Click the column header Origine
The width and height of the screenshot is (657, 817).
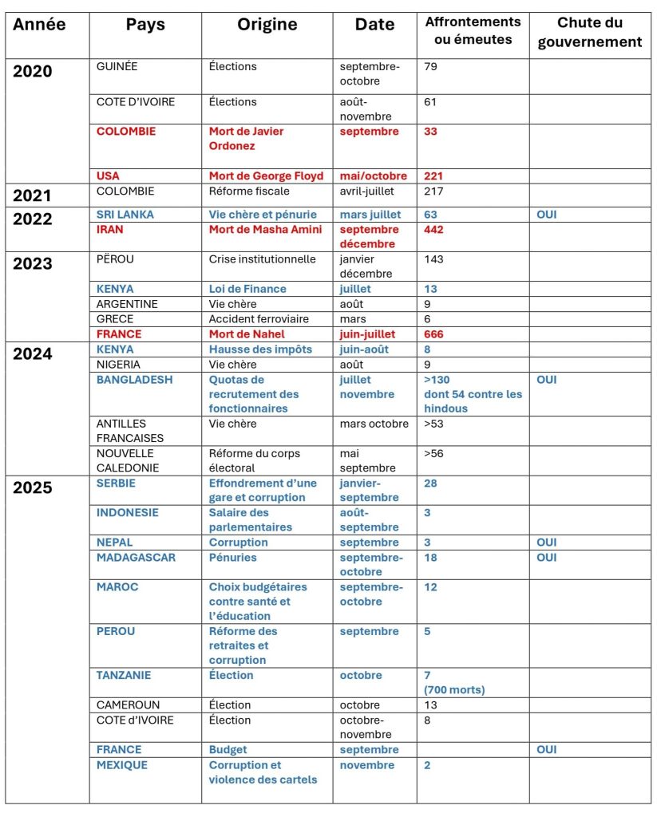[x=267, y=26]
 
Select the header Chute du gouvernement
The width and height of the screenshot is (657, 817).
[x=590, y=33]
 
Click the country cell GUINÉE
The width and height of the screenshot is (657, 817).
[x=117, y=67]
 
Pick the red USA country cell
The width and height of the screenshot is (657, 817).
[x=109, y=176]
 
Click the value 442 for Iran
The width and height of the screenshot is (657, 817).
[x=433, y=230]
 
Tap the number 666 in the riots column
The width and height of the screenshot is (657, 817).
[x=433, y=334]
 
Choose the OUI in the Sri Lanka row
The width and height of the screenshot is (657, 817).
[x=547, y=215]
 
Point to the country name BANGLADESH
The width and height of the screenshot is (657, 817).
[x=134, y=380]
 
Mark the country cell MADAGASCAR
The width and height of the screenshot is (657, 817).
[x=136, y=558]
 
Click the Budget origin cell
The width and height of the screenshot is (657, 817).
[x=228, y=750]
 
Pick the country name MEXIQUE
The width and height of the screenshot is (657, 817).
[x=122, y=765]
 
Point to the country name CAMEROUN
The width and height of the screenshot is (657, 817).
[x=129, y=705]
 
